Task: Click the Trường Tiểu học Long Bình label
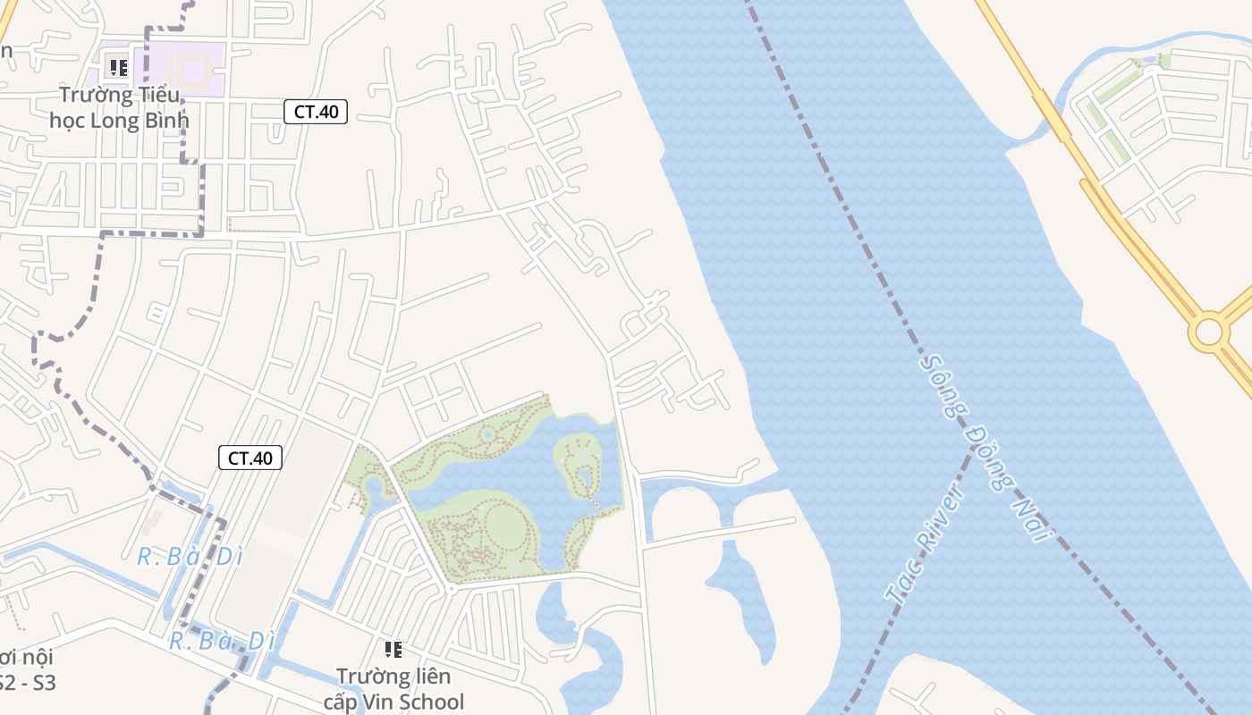click(119, 107)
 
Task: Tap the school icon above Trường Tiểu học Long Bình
click(118, 67)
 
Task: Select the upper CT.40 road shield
click(316, 112)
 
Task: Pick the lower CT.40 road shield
click(250, 458)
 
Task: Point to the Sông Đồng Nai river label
click(984, 447)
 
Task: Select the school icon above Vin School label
click(393, 650)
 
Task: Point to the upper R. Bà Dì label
click(190, 557)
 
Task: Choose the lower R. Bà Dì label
click(222, 641)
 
